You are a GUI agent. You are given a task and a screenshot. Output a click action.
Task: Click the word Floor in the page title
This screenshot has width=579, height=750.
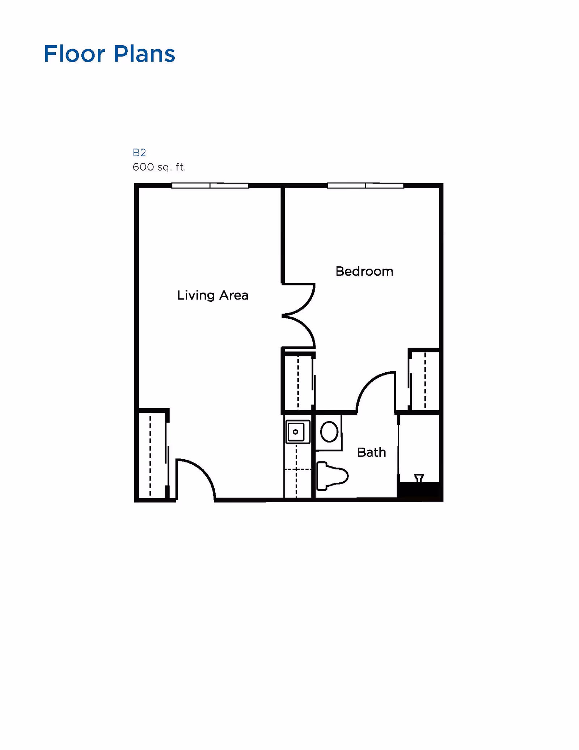click(74, 54)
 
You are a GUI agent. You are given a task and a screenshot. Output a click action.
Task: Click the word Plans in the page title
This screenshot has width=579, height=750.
click(144, 54)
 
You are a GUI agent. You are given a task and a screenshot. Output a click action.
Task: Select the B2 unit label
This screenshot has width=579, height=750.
click(139, 152)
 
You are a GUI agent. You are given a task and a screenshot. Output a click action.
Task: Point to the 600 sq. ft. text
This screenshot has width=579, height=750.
click(159, 167)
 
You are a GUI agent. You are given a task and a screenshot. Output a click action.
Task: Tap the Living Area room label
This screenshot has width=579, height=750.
click(213, 296)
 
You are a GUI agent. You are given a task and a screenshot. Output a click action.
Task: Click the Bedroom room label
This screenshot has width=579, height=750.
click(364, 271)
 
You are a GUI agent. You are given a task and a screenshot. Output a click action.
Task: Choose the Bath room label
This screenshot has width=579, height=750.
click(372, 452)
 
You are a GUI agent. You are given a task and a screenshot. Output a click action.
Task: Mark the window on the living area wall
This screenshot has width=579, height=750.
click(210, 185)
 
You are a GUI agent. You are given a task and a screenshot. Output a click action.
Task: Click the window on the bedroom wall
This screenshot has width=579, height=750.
click(365, 185)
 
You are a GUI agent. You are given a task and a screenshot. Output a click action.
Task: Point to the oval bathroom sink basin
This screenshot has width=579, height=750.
click(329, 432)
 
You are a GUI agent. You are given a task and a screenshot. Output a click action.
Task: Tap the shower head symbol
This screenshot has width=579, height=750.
click(419, 478)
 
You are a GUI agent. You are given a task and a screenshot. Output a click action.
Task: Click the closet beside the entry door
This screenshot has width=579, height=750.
click(152, 454)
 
